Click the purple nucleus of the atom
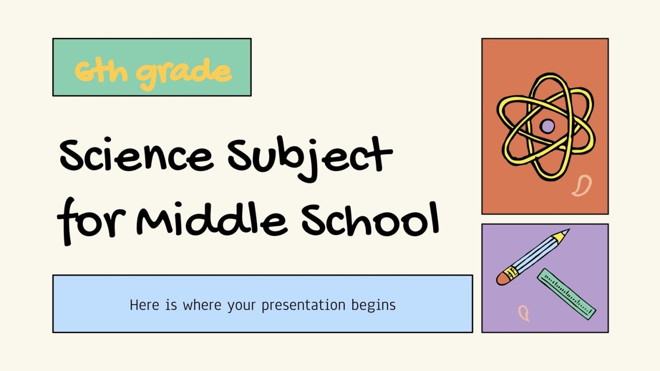tap(547, 126)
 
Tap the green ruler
tap(566, 294)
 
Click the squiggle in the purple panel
tap(523, 313)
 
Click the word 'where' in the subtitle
tap(202, 305)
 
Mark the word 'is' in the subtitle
tap(171, 305)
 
